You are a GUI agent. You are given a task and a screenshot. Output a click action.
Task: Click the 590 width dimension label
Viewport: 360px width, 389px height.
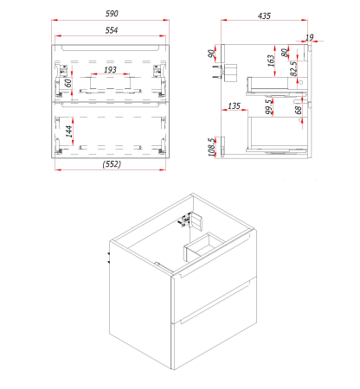tap(112, 14)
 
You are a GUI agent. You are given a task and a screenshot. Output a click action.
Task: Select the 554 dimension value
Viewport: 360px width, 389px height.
tap(112, 30)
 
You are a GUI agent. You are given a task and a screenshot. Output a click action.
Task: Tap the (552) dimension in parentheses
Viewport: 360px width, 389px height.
tap(112, 164)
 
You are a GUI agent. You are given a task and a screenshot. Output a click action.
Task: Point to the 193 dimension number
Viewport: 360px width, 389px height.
tap(110, 70)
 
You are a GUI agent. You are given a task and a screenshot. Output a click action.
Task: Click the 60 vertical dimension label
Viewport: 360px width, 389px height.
tap(68, 83)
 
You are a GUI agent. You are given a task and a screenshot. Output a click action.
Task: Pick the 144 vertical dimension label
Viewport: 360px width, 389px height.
tap(69, 131)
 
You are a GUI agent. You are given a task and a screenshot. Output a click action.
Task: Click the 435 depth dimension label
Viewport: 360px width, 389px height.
tap(264, 16)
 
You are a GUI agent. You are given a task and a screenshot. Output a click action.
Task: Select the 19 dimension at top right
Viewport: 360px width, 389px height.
tap(309, 37)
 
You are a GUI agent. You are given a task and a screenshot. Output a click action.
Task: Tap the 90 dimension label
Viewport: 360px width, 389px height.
tap(211, 54)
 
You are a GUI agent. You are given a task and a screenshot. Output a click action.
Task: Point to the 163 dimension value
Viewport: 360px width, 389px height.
tap(271, 61)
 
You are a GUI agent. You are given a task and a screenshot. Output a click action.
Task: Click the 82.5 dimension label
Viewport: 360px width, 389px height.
tap(293, 68)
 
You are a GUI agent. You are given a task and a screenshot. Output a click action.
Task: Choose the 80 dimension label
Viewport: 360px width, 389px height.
tap(285, 53)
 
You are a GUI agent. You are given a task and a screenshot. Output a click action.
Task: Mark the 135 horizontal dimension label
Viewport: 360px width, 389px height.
tap(234, 106)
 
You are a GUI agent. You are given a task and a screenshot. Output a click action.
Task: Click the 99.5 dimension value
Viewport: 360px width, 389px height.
tap(268, 106)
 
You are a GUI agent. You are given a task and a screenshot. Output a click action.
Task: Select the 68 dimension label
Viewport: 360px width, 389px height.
tap(299, 110)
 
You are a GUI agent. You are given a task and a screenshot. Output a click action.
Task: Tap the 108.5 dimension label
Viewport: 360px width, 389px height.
tap(212, 147)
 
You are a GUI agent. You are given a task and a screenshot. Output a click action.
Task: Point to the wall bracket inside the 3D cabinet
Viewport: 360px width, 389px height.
tap(191, 220)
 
